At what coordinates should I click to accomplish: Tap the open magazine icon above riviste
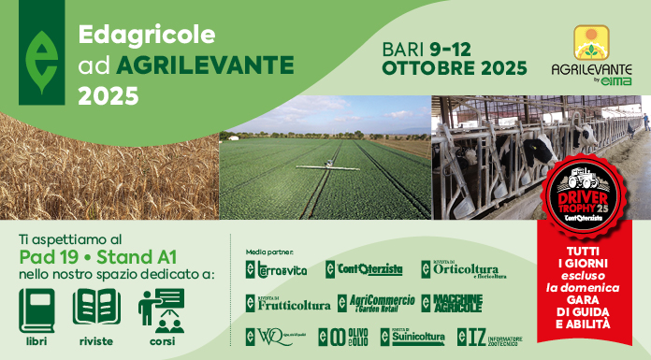click(x=96, y=308)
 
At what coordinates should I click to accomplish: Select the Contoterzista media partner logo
click(x=364, y=269)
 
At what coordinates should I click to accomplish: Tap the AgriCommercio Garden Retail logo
click(x=369, y=303)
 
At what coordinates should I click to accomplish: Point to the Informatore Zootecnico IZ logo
click(x=489, y=337)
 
